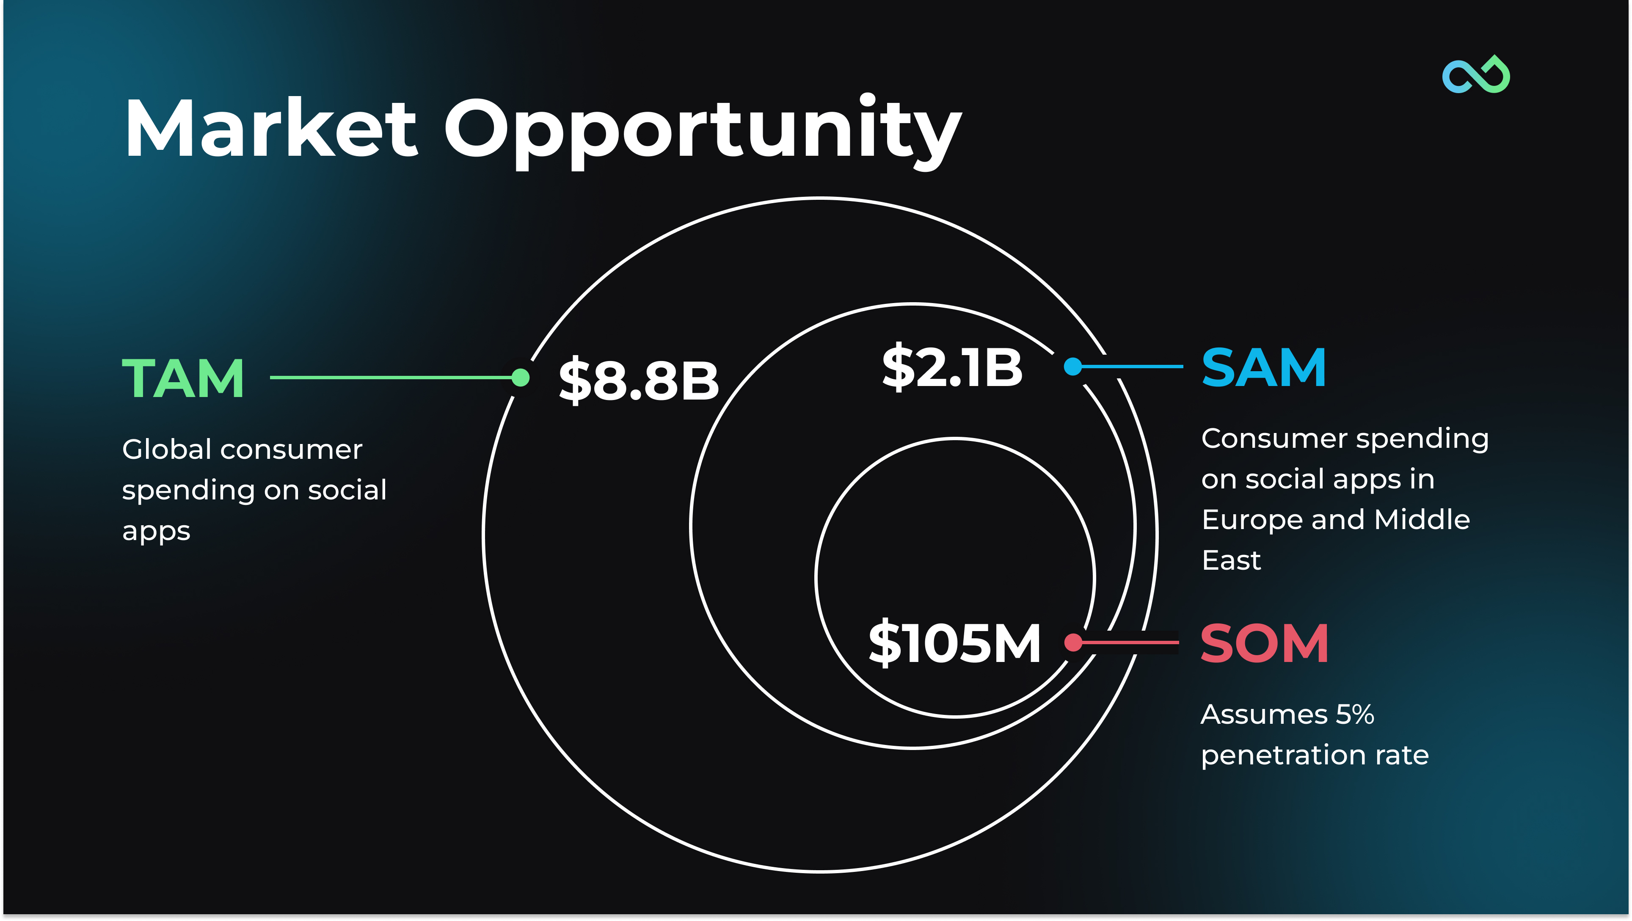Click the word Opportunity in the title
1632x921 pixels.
click(x=703, y=132)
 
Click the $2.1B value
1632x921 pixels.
click(x=952, y=367)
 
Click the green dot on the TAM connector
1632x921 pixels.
click(x=520, y=378)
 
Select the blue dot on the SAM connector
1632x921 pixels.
click(x=1072, y=366)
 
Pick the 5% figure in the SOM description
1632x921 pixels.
click(x=1355, y=714)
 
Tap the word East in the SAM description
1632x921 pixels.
click(x=1231, y=560)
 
